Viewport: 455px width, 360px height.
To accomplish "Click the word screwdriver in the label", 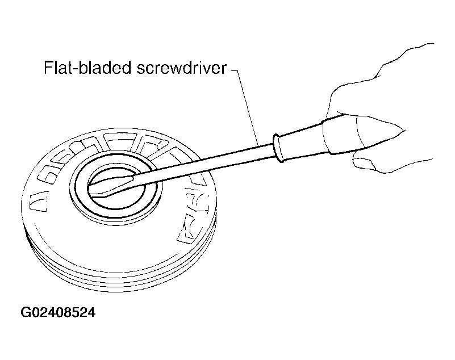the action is pos(181,68).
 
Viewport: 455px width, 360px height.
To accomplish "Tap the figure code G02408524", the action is pos(58,312).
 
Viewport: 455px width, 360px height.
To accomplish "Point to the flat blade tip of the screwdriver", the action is pos(90,187).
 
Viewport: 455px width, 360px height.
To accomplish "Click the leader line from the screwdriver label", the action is pos(245,107).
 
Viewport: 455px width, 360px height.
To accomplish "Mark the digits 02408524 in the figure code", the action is pos(62,312).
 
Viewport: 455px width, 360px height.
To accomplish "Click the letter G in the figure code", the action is pos(25,312).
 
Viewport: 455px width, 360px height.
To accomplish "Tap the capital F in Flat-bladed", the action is pos(48,68).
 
